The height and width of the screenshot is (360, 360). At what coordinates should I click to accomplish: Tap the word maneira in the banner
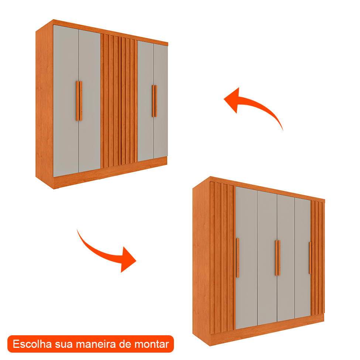(94, 344)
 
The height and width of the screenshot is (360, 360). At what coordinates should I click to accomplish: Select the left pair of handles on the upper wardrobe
(79, 100)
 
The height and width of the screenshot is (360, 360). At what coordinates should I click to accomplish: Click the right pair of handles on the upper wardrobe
(154, 101)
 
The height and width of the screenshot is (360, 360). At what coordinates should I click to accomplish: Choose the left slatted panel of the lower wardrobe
(222, 258)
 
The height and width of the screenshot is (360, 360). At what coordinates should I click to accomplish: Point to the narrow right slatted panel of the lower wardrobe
(318, 258)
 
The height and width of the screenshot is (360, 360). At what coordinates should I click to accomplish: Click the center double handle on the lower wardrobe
(277, 258)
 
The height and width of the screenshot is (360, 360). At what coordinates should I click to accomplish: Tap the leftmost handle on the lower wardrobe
(237, 258)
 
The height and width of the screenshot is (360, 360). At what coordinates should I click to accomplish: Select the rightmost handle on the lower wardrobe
(310, 258)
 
